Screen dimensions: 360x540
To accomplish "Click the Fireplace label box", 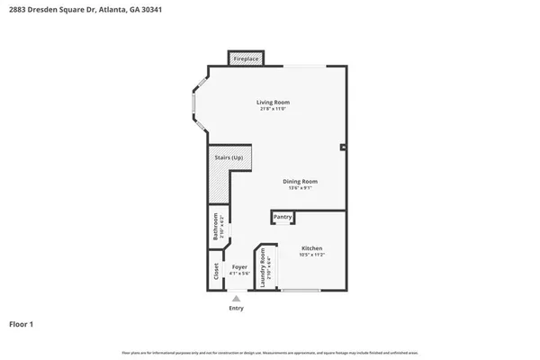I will coord(246,59).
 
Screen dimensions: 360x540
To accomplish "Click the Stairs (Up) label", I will coord(229,158).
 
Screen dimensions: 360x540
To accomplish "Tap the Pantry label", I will coord(283,217).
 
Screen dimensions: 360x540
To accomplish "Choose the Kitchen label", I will coord(311,248).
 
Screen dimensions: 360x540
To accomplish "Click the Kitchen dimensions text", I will coord(311,256).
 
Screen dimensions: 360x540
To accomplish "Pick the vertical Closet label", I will coord(216,269).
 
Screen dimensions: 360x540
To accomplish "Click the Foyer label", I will coord(239,267).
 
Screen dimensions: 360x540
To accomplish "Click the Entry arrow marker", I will coord(236,298).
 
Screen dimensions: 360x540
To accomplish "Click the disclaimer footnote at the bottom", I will coord(270,352).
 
